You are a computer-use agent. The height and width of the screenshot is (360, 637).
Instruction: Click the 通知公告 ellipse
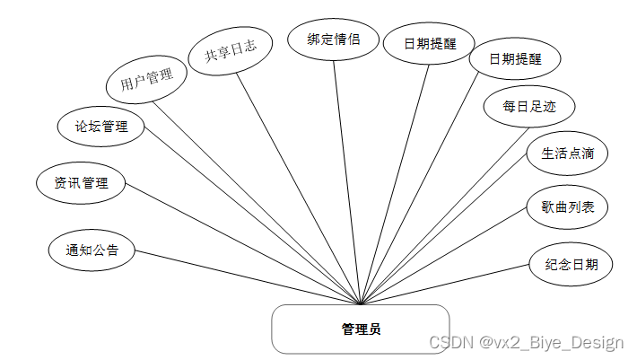(x=92, y=250)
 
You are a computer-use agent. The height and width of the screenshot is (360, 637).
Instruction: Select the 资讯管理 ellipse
(x=81, y=183)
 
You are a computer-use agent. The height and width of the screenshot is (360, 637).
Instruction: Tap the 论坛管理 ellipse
(x=101, y=127)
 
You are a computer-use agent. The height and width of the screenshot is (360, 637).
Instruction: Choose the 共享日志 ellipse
(x=231, y=53)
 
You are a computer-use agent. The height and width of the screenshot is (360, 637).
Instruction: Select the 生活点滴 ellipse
(x=567, y=154)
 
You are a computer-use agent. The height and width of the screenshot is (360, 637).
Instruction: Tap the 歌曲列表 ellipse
(x=567, y=207)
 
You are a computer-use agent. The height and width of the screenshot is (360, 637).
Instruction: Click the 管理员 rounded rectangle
(x=361, y=329)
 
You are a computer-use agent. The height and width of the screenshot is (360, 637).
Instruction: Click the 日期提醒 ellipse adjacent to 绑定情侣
(x=429, y=43)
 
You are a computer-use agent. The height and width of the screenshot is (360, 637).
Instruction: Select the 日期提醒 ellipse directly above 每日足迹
(x=515, y=60)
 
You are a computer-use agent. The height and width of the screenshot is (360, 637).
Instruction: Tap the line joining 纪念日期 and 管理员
(x=449, y=285)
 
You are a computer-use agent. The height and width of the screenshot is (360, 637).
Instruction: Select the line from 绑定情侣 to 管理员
(x=346, y=180)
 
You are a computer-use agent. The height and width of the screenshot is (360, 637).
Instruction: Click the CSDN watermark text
(x=526, y=342)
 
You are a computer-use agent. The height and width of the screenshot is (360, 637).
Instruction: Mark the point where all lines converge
(x=361, y=304)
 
